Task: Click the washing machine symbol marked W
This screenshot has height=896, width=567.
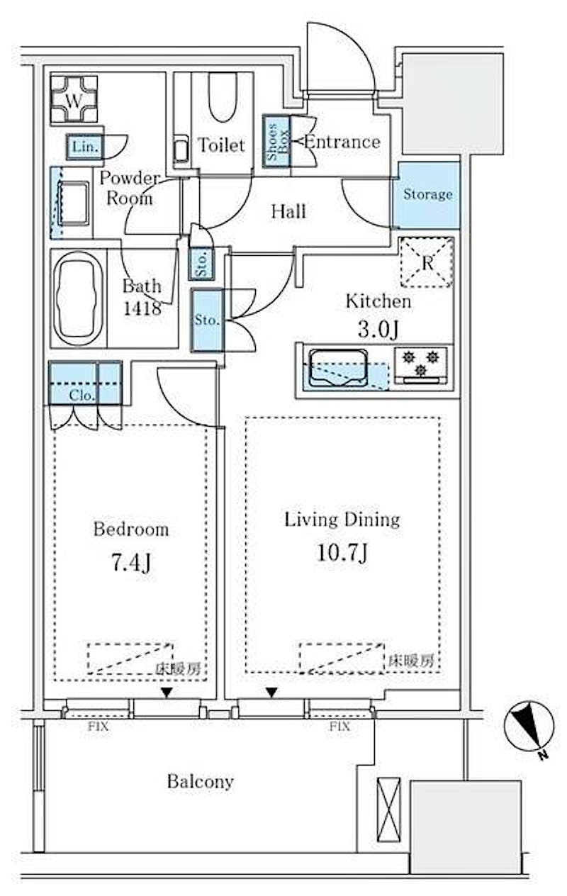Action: pyautogui.click(x=74, y=100)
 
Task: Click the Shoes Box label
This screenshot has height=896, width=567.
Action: pyautogui.click(x=276, y=142)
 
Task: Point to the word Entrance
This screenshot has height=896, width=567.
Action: pyautogui.click(x=342, y=142)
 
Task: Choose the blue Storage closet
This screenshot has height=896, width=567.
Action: pyautogui.click(x=427, y=194)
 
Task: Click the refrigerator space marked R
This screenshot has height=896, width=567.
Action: pyautogui.click(x=426, y=262)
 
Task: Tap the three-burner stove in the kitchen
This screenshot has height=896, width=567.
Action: pyautogui.click(x=420, y=362)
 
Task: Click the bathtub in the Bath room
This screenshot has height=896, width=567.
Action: pyautogui.click(x=78, y=298)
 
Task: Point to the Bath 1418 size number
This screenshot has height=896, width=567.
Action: pyautogui.click(x=142, y=308)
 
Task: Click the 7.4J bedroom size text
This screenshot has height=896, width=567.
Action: pyautogui.click(x=131, y=564)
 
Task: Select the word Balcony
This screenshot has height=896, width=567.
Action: pyautogui.click(x=201, y=782)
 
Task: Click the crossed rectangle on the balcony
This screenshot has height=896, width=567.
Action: pyautogui.click(x=388, y=808)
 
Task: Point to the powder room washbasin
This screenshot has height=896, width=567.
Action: pyautogui.click(x=72, y=203)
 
